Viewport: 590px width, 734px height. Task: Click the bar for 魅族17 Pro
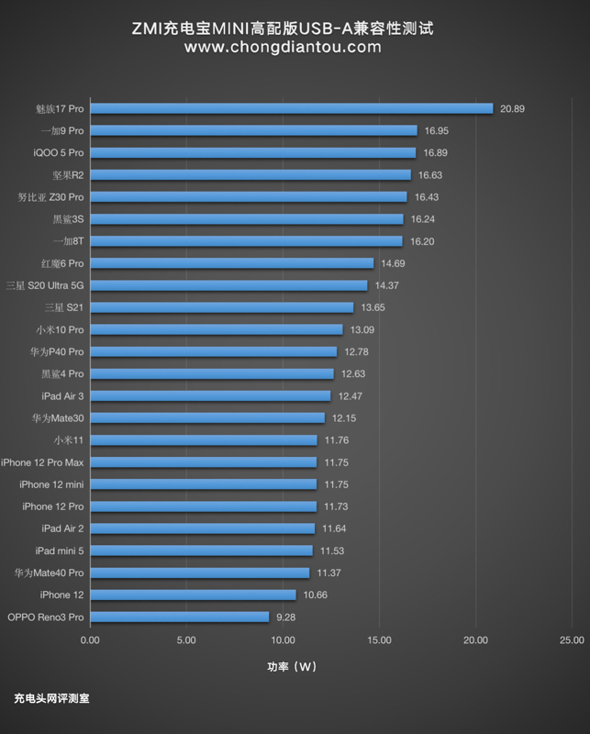tap(291, 108)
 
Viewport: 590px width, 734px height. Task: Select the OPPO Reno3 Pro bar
tap(179, 617)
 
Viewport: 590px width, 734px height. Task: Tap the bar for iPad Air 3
tap(210, 396)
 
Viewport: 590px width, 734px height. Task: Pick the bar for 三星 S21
tap(221, 307)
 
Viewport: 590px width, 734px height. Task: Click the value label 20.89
tap(511, 108)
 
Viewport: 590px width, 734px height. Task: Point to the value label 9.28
tap(286, 617)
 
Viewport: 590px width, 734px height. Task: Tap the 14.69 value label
tap(393, 263)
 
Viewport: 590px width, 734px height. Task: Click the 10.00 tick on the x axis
tap(283, 640)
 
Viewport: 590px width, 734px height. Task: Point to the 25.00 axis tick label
tap(571, 640)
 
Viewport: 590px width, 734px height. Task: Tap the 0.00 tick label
tap(90, 640)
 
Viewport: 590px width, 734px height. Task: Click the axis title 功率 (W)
tap(285, 667)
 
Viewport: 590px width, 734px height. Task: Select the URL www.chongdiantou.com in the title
tap(283, 48)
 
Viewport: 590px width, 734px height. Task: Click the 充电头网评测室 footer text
tap(51, 698)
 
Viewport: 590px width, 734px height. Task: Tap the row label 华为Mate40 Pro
tap(49, 573)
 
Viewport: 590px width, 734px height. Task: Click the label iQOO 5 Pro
tap(58, 152)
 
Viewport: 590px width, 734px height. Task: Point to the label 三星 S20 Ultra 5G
tap(44, 285)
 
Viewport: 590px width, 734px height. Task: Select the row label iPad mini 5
tap(60, 550)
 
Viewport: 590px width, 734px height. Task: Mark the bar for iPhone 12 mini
tap(203, 484)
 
